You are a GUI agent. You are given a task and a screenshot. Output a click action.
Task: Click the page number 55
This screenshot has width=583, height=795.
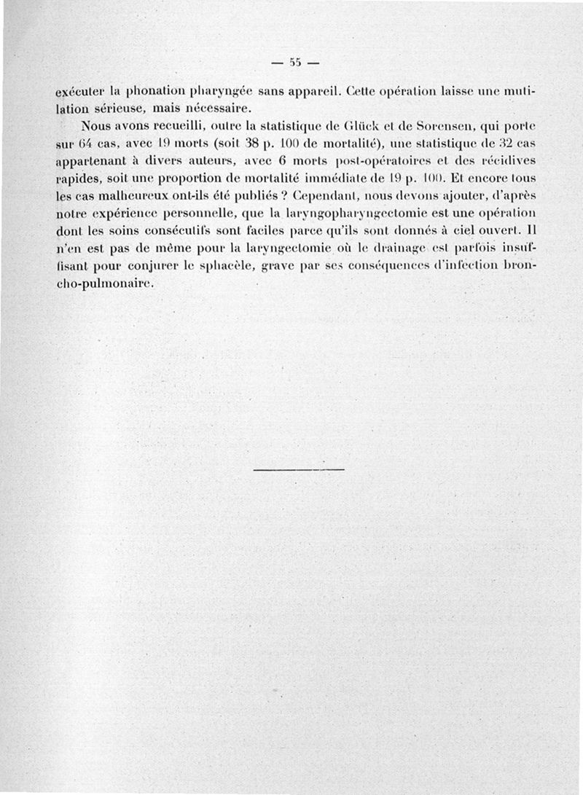[294, 60]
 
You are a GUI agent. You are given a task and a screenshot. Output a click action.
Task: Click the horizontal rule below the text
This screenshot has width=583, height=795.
[298, 469]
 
